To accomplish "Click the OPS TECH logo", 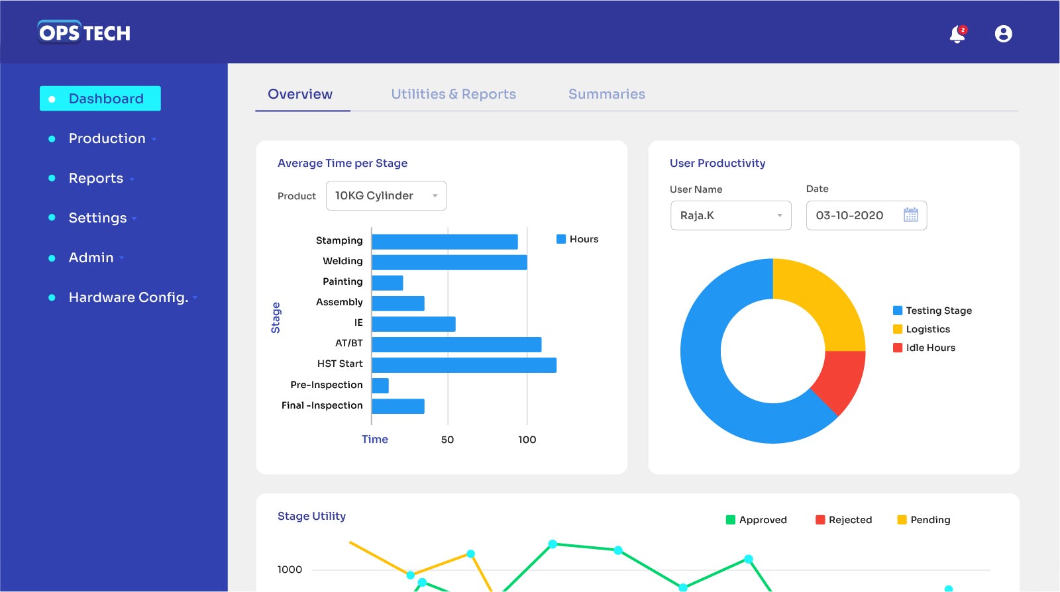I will [84, 32].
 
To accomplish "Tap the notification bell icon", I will [957, 34].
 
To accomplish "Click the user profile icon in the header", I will [1003, 34].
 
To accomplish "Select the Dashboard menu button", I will [100, 99].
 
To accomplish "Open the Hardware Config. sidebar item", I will [128, 297].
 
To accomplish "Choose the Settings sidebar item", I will [97, 218].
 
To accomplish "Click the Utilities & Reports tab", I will [453, 94].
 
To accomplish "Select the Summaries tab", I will [606, 94].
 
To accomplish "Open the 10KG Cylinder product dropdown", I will [386, 196].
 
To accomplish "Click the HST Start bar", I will [464, 365].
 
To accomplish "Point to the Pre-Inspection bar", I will [380, 385].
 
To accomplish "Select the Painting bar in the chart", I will [388, 283].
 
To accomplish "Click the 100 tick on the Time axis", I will [527, 440].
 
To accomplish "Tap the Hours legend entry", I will [577, 239].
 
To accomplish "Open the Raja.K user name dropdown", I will [731, 216].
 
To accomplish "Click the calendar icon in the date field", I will [911, 215].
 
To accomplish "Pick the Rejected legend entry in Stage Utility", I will [843, 520].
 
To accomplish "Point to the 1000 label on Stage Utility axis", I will [290, 569].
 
